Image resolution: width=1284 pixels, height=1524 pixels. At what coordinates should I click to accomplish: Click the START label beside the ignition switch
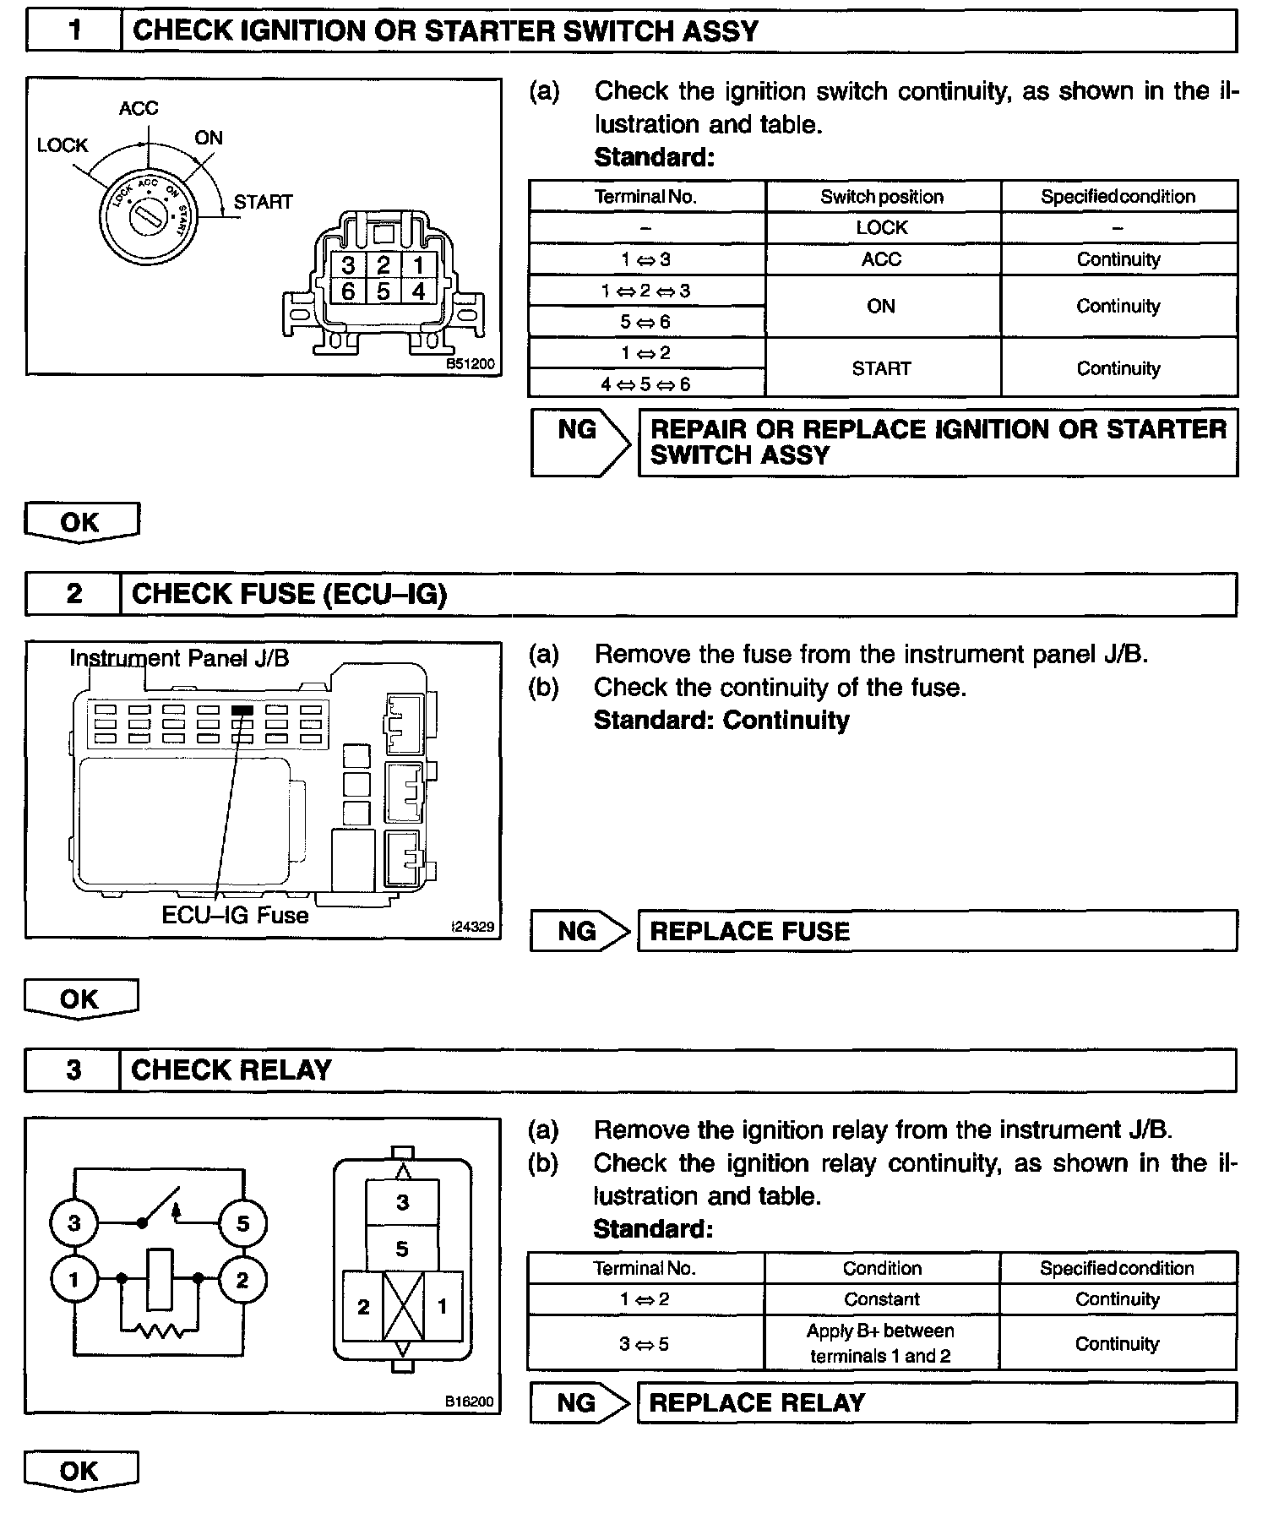click(x=263, y=202)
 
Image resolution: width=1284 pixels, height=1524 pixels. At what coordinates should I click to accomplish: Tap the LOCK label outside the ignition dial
click(x=62, y=145)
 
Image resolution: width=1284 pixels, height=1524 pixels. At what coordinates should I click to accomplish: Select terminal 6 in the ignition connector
click(x=348, y=291)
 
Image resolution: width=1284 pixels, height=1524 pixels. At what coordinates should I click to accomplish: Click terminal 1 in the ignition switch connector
click(x=418, y=265)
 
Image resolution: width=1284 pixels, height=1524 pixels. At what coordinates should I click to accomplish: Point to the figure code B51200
click(x=471, y=365)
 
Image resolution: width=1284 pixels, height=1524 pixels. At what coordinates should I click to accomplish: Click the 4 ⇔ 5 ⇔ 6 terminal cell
click(x=646, y=384)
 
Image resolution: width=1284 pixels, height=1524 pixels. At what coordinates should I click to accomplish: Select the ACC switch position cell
click(x=882, y=259)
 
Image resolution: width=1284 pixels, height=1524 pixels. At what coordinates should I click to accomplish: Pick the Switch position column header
click(x=882, y=197)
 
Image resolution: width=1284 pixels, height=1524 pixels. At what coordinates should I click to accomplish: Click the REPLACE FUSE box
click(x=937, y=931)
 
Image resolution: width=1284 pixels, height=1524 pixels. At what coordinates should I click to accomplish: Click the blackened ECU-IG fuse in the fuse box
click(x=242, y=710)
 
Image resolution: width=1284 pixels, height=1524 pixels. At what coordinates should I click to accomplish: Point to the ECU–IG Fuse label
click(x=235, y=915)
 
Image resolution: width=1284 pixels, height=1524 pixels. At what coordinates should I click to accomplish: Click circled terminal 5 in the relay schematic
click(x=242, y=1223)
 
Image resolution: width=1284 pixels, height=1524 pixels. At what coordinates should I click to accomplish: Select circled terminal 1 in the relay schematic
click(x=73, y=1280)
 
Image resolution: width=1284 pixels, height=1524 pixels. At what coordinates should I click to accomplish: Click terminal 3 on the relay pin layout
click(x=402, y=1202)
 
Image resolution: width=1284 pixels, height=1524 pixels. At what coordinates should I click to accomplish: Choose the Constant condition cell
click(x=882, y=1299)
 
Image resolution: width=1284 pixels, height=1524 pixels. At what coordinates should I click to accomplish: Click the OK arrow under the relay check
click(x=80, y=1472)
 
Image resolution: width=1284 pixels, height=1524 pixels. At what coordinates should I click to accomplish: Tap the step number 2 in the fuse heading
click(x=74, y=594)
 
